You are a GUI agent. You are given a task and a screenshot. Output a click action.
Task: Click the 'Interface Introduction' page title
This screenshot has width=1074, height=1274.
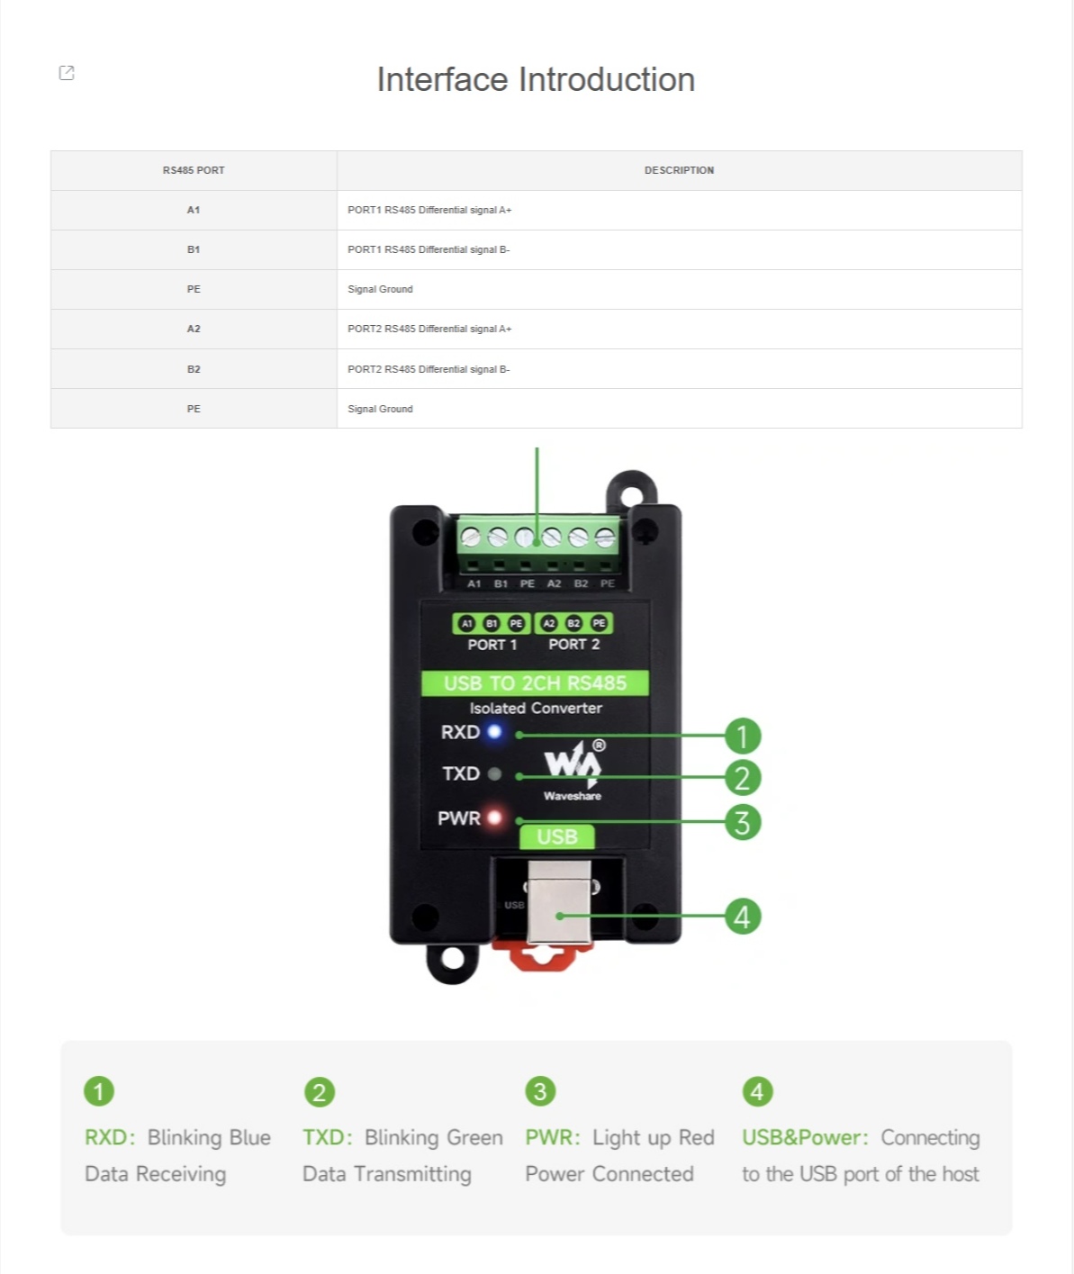click(x=536, y=79)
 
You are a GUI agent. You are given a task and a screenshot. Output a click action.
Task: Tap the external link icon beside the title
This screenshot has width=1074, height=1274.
click(x=67, y=73)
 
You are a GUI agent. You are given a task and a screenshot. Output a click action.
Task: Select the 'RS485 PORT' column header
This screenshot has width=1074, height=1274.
click(x=194, y=170)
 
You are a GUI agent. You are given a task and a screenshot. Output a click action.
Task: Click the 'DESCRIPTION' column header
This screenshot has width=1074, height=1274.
click(x=679, y=170)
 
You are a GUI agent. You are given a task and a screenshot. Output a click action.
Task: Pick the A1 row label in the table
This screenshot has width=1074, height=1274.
click(x=194, y=210)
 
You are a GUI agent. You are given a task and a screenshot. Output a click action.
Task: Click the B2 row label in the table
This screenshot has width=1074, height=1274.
click(x=194, y=369)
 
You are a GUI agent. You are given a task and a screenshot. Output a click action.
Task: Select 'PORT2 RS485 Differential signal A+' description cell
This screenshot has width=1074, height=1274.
click(x=429, y=329)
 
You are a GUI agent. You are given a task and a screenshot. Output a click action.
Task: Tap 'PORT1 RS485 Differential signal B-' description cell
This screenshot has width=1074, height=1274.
click(x=429, y=249)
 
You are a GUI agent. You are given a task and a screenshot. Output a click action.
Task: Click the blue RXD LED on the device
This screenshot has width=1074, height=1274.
click(x=494, y=732)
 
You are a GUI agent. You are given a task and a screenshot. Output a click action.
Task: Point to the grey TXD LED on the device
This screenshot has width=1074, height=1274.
click(x=495, y=773)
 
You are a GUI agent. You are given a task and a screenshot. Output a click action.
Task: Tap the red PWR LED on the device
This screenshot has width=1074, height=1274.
click(x=495, y=817)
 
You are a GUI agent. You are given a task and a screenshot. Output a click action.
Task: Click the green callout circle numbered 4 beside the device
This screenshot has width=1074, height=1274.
click(x=743, y=917)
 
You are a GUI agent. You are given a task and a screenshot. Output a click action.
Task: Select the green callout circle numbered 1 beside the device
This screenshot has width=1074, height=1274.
click(x=743, y=736)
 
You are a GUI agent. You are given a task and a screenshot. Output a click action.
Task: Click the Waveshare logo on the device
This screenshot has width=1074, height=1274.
click(x=573, y=770)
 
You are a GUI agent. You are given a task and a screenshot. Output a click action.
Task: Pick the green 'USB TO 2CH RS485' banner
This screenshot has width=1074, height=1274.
click(x=535, y=683)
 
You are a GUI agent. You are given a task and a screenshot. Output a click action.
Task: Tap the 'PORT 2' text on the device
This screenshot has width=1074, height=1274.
click(x=573, y=645)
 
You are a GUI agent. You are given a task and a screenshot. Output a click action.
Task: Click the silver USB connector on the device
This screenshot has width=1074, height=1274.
click(x=559, y=902)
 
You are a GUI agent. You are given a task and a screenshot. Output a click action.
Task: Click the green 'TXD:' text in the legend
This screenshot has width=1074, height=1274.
click(x=328, y=1138)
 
